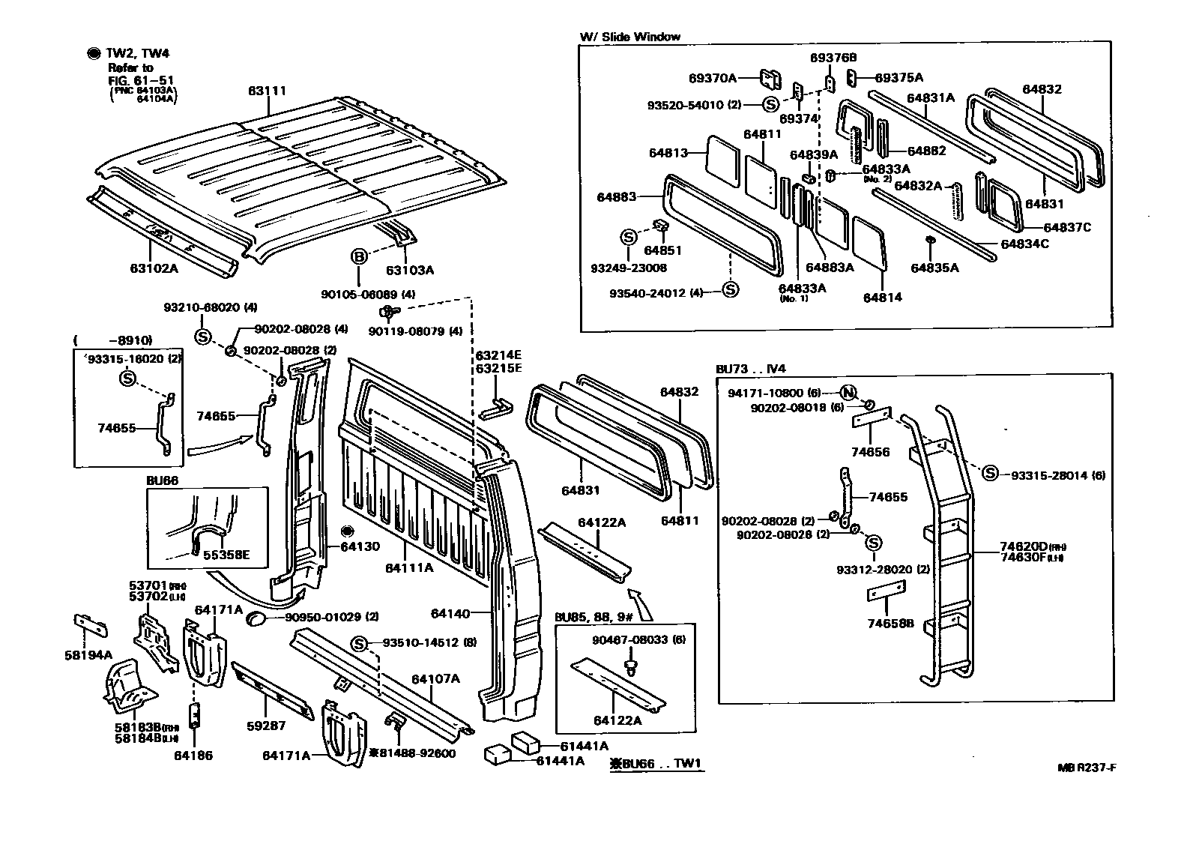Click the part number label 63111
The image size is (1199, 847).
(268, 91)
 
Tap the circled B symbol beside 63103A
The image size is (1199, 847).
(360, 257)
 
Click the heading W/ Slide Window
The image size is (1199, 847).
(629, 37)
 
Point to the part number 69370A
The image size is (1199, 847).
(713, 77)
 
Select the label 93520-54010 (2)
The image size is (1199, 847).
(695, 105)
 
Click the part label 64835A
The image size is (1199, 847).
(934, 268)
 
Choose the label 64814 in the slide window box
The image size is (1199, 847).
(882, 298)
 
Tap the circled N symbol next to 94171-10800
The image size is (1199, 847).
(848, 392)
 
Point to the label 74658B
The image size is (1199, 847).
(890, 624)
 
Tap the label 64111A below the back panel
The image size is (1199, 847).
(409, 568)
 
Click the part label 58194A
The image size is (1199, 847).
(88, 655)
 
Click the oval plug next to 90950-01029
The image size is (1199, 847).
(256, 618)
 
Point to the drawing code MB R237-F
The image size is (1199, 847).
(1091, 767)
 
